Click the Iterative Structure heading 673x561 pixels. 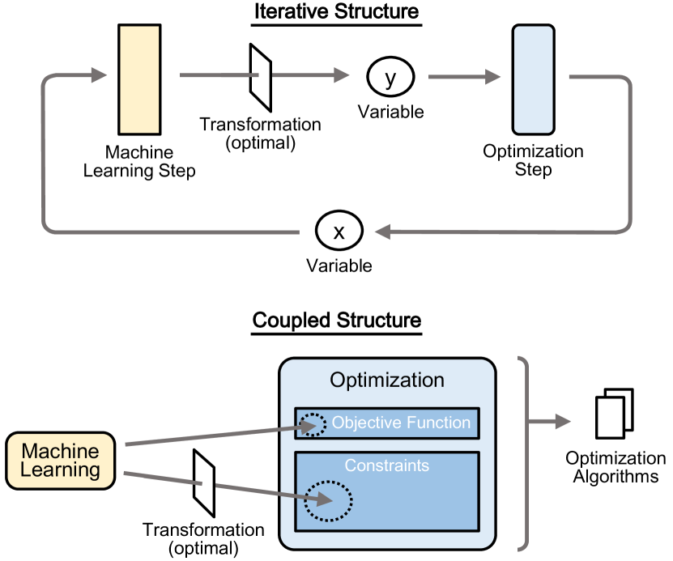click(x=337, y=13)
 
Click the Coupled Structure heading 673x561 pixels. click(x=337, y=320)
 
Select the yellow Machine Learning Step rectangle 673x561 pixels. click(x=139, y=79)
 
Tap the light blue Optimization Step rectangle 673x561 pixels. click(x=534, y=79)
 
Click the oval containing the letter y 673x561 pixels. click(x=391, y=78)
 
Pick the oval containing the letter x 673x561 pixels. click(x=339, y=232)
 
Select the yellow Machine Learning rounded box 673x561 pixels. click(x=60, y=460)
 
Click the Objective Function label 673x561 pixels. click(x=401, y=423)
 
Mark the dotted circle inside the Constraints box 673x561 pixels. click(x=328, y=503)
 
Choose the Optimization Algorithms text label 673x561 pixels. click(x=615, y=467)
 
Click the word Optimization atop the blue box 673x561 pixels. click(x=386, y=380)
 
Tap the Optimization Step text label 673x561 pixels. click(x=533, y=160)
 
